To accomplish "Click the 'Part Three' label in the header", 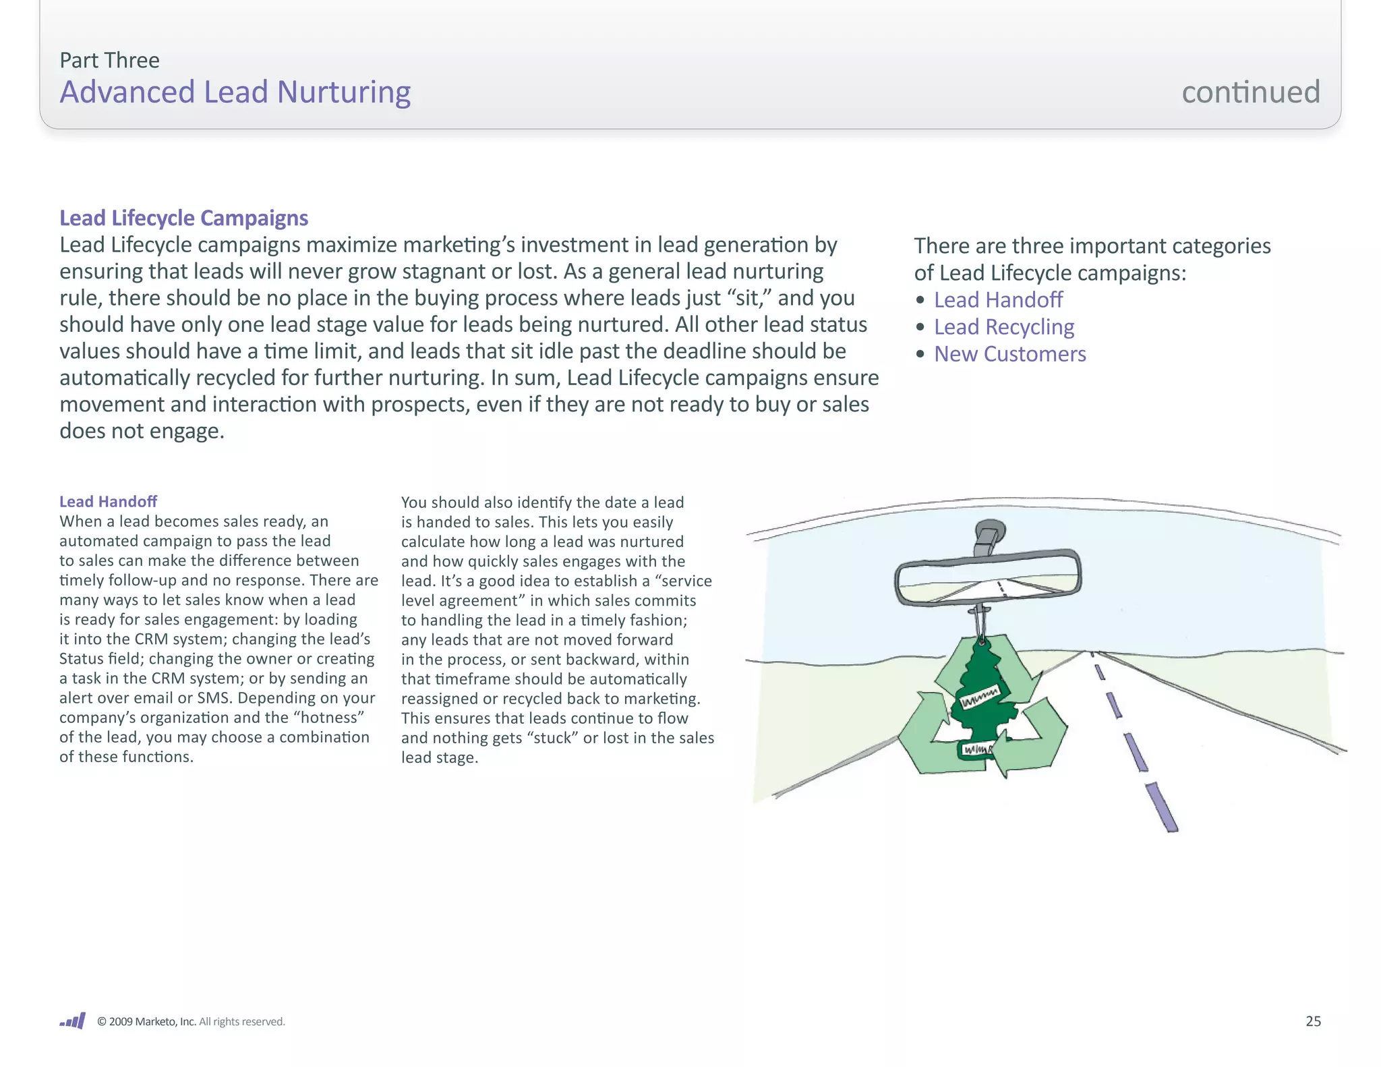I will [109, 60].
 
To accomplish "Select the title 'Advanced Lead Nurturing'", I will [235, 92].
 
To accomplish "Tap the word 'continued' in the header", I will [1250, 92].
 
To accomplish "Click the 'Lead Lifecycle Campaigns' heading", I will [183, 218].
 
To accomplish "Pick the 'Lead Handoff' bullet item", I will [998, 299].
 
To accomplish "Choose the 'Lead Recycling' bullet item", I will [1003, 326].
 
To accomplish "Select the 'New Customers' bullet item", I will [1009, 353].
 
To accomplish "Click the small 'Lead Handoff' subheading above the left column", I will [108, 501].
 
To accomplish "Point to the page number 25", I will [1313, 1021].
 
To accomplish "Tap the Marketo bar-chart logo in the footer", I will [73, 1020].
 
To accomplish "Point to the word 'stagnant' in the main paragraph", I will [401, 271].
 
